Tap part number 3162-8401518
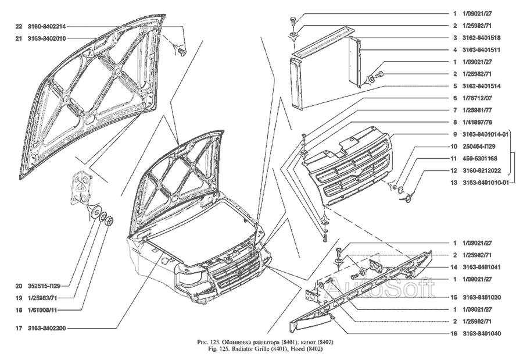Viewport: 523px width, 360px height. (x=482, y=38)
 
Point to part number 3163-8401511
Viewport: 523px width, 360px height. (x=482, y=50)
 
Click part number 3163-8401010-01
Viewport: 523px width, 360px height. (x=486, y=183)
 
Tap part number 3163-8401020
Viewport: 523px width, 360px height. (x=482, y=297)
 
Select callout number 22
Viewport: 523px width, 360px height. (x=19, y=26)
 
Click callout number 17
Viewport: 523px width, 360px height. (x=19, y=329)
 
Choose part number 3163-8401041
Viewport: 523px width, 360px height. (x=482, y=268)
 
